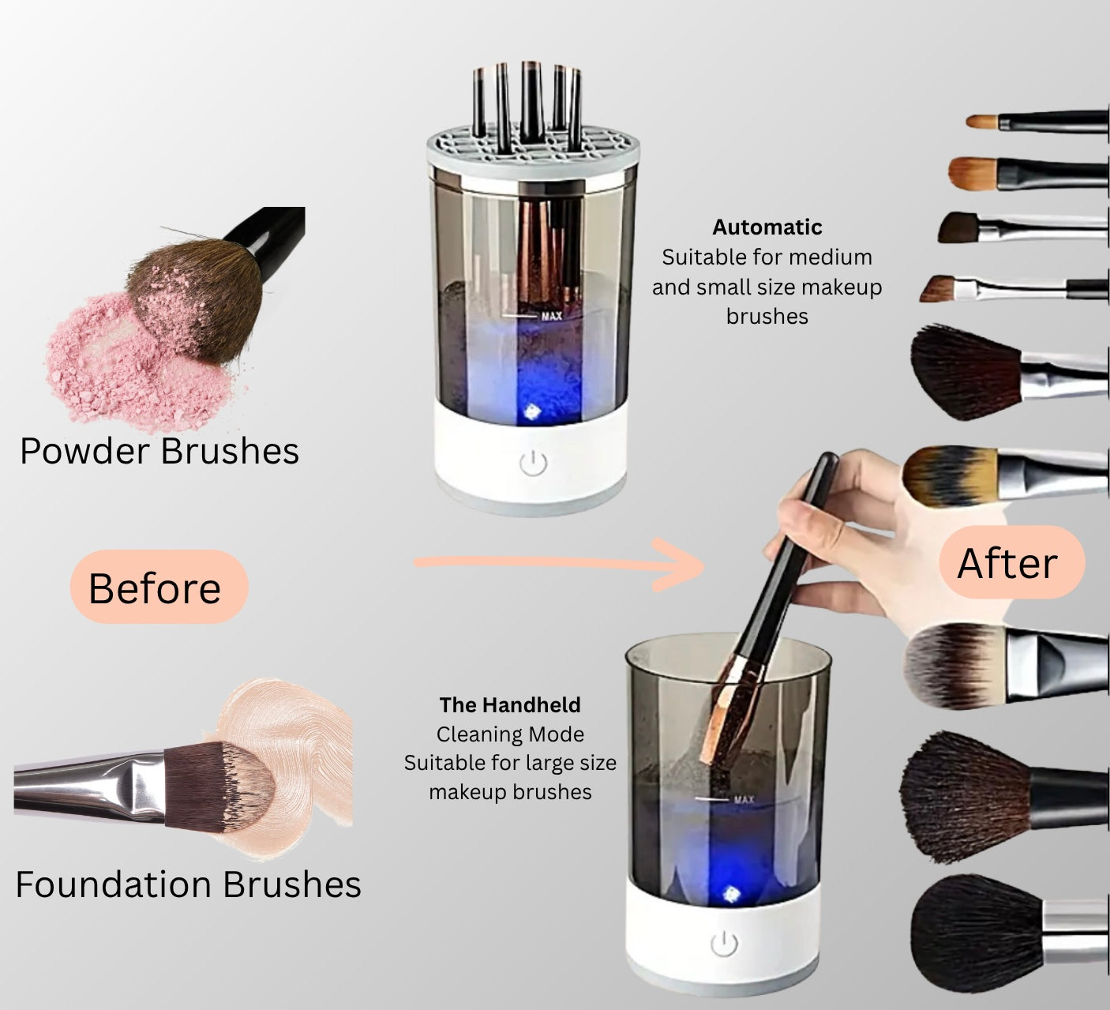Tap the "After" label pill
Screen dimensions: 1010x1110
(x=1011, y=563)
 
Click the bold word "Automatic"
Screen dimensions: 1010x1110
(x=767, y=227)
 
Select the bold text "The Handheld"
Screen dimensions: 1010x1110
(x=510, y=704)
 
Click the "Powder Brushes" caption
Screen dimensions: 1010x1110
(x=159, y=451)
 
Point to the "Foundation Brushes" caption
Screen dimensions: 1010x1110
(x=188, y=884)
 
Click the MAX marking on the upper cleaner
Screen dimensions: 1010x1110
(x=551, y=316)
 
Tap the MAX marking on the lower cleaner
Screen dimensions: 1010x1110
(x=743, y=799)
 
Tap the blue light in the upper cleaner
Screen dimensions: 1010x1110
(x=531, y=411)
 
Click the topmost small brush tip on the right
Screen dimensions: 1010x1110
(x=983, y=122)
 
